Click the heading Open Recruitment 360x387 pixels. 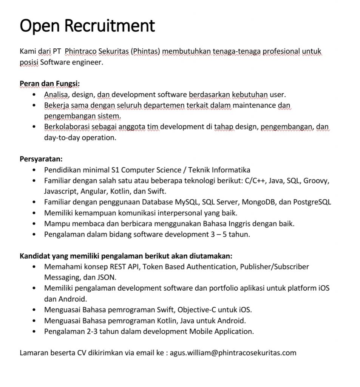point(87,26)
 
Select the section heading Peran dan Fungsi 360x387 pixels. point(49,83)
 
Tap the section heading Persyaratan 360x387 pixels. point(41,158)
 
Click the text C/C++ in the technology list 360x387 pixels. point(255,180)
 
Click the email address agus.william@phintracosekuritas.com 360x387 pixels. point(233,353)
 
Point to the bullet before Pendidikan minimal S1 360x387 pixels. point(35,170)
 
